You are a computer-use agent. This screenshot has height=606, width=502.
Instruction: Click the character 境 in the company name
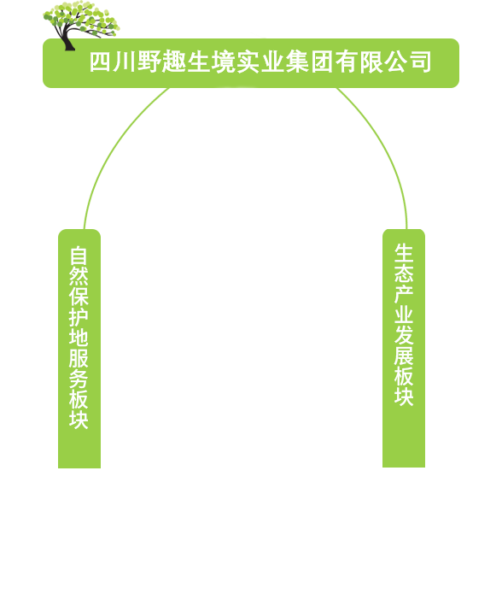coord(223,62)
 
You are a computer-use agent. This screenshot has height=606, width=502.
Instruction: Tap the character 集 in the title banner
coord(297,62)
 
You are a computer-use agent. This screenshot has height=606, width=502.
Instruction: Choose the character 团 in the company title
coord(322,62)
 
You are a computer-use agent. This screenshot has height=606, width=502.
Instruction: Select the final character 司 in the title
coord(421,62)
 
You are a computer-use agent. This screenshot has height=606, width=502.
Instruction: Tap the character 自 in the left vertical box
coord(79,256)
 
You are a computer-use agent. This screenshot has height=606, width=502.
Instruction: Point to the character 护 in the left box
coord(79,317)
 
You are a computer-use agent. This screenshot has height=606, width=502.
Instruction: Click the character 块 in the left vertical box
coord(79,420)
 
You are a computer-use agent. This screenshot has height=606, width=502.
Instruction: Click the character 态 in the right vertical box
coord(404,274)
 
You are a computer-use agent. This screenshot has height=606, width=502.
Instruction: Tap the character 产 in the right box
coord(404,294)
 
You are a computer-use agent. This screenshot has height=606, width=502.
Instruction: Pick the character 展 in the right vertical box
coord(404,356)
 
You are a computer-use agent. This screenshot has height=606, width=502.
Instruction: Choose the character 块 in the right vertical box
coord(404,397)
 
